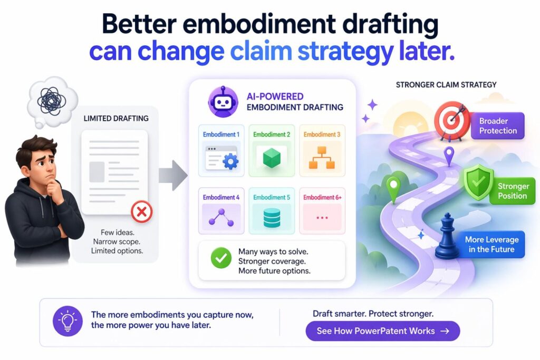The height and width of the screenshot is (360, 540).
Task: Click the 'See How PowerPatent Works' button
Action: tap(383, 331)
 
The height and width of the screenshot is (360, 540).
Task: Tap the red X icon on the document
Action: tap(141, 212)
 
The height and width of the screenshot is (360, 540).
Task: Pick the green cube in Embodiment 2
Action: tap(272, 157)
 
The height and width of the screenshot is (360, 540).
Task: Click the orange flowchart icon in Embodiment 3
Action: tap(322, 157)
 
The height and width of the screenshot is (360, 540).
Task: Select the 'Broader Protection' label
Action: tap(498, 126)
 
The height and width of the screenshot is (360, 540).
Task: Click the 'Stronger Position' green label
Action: tap(513, 191)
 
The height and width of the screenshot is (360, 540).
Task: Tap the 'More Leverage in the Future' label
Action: tap(491, 244)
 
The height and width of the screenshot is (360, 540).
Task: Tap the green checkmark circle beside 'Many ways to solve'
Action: tap(220, 259)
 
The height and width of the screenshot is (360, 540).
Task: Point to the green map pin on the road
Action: tap(393, 189)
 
